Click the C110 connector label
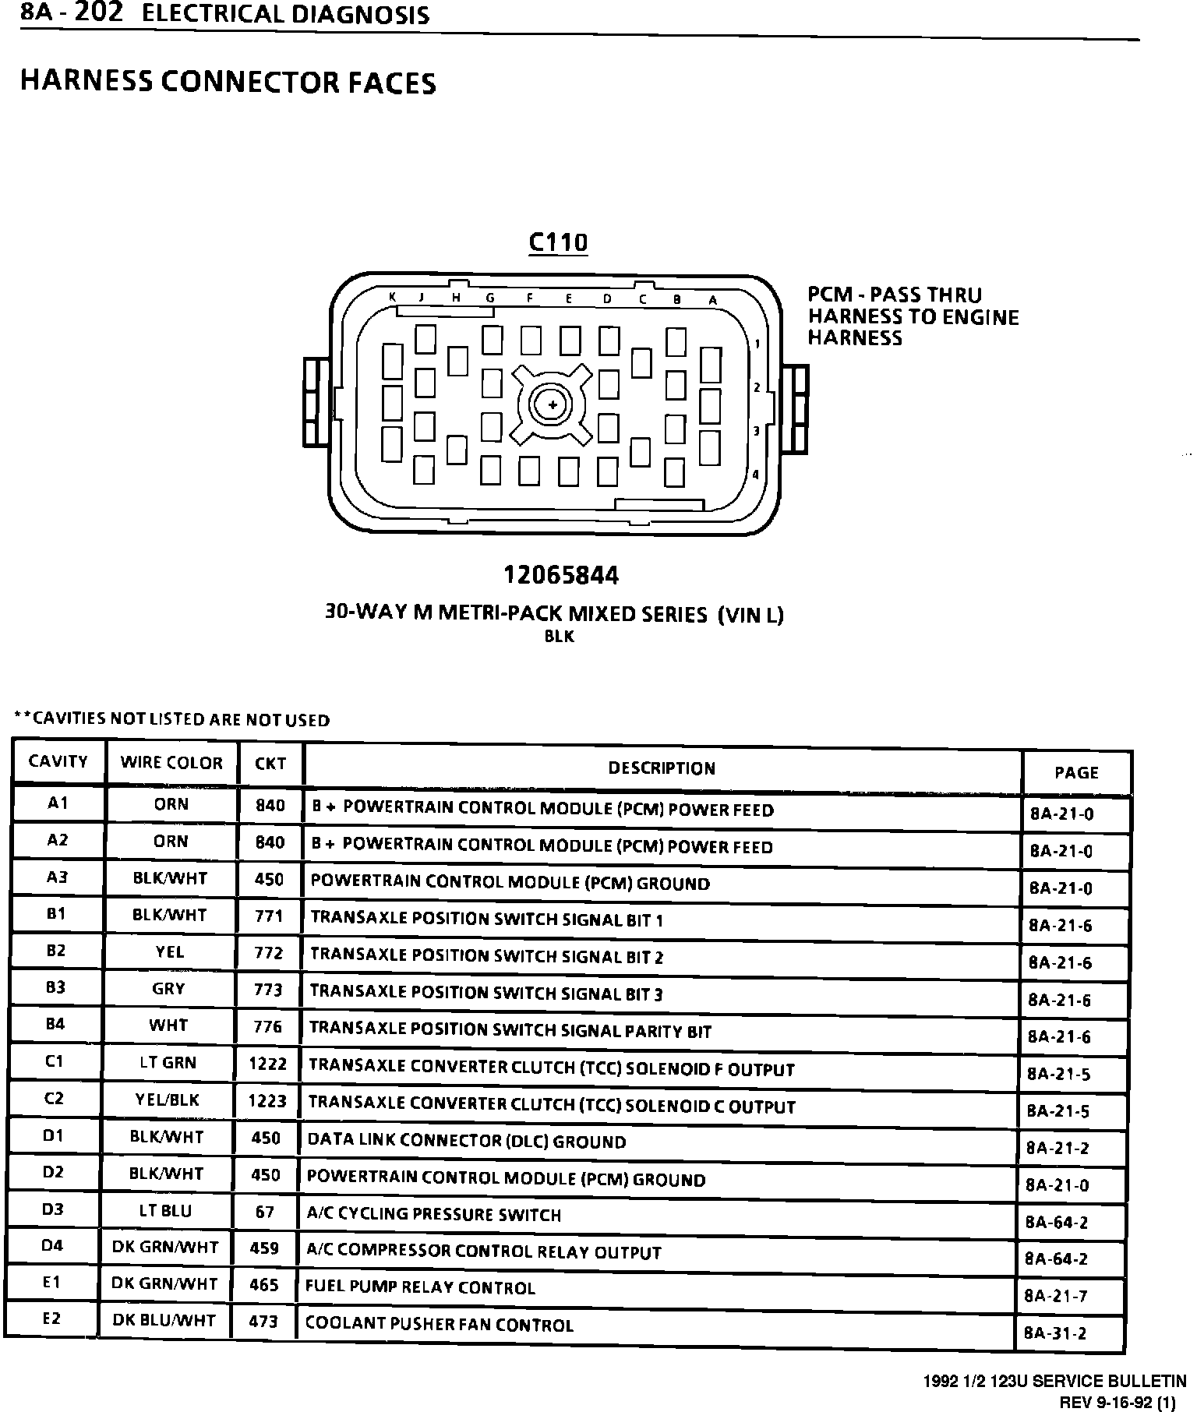coord(558,242)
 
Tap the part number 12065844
coord(560,576)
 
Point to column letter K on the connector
coord(393,297)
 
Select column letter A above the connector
coord(712,299)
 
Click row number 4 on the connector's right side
coord(755,475)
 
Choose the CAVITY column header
coord(58,761)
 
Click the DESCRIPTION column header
coord(662,768)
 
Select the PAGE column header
coord(1076,772)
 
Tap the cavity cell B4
coord(55,1024)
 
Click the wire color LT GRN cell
coord(168,1062)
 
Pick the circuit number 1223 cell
coord(267,1100)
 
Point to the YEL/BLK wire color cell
coord(167,1100)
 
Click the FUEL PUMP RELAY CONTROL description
coord(420,1288)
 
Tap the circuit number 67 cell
coord(265,1212)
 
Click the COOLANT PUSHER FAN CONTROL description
coord(439,1325)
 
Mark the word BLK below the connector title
coord(560,637)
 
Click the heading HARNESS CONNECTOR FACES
coord(228,83)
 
